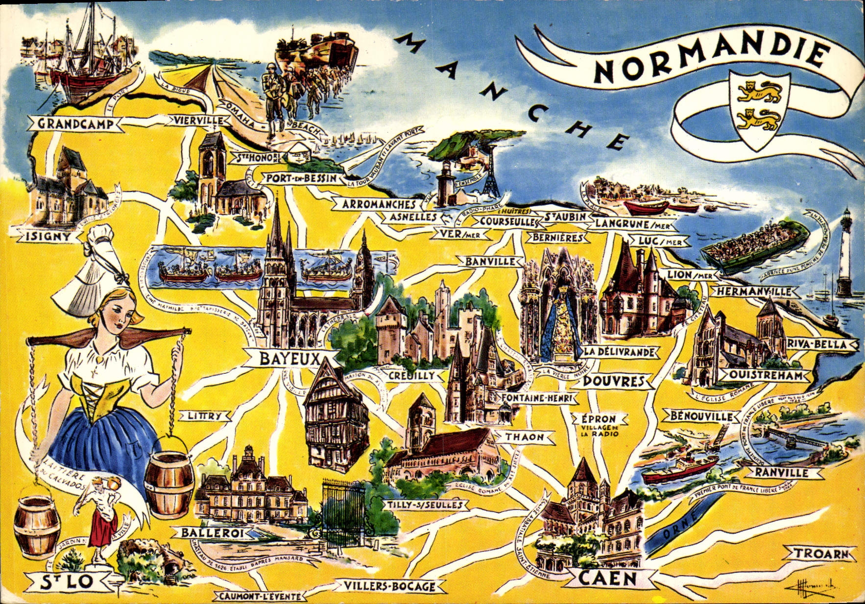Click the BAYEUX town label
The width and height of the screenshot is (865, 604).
289,359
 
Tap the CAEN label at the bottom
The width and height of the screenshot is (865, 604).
607,579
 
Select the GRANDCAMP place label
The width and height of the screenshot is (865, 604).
75,123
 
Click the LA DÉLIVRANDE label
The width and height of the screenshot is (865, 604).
619,352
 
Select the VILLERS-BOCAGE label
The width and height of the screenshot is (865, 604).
389,586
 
